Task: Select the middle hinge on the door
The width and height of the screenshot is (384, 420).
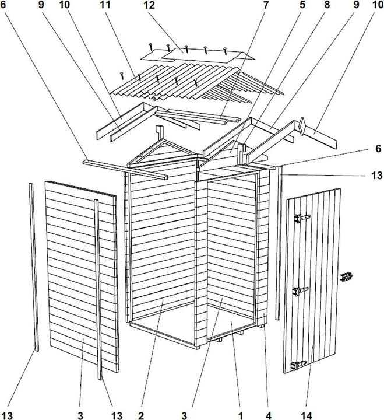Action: [300, 290]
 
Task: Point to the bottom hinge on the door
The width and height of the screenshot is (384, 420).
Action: [298, 365]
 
